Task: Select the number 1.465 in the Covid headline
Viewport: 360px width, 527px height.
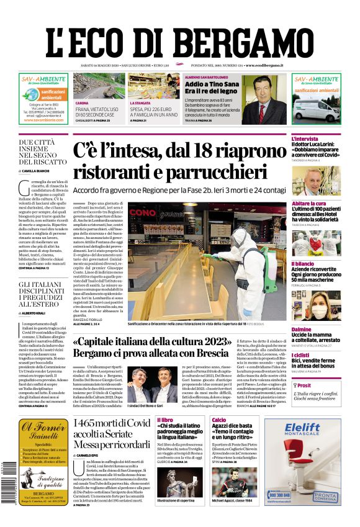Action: click(x=88, y=423)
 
